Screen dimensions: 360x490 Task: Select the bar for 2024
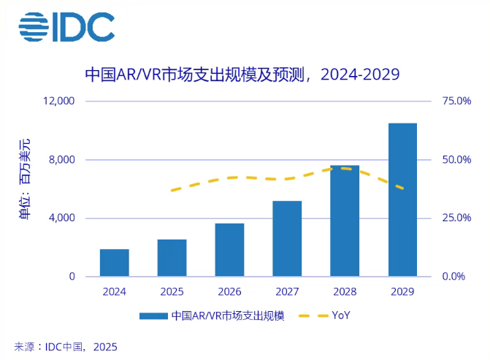[x=115, y=263]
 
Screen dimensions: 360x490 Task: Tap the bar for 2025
[x=172, y=258]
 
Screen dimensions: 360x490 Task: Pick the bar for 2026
[x=229, y=250]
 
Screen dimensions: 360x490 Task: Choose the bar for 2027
[x=287, y=239]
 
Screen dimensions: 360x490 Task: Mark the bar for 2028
[x=345, y=221]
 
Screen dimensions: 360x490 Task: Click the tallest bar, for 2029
[x=402, y=200]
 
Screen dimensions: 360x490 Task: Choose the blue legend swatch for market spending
[x=153, y=316]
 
